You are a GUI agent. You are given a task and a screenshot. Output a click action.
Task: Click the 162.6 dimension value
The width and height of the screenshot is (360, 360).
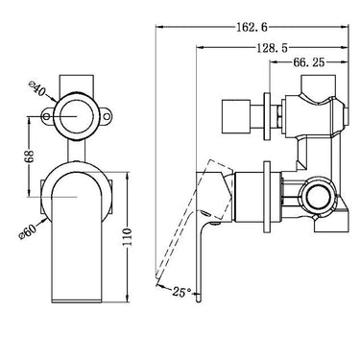point(252,27)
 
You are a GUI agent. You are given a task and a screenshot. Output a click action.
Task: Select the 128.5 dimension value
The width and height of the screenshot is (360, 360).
point(273,48)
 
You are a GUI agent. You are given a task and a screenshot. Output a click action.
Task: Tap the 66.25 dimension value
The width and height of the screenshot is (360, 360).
point(309,62)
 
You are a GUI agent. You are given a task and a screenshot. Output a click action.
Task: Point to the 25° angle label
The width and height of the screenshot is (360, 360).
point(182,292)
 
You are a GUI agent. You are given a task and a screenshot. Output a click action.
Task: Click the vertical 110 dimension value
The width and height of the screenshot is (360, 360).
point(128,236)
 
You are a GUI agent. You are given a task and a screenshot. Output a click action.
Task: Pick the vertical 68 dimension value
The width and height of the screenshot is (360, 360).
point(29,156)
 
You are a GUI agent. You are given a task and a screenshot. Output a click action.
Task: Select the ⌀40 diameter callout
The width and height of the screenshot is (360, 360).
point(37,88)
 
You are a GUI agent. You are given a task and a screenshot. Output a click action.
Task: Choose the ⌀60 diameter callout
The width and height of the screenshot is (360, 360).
point(29,230)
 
